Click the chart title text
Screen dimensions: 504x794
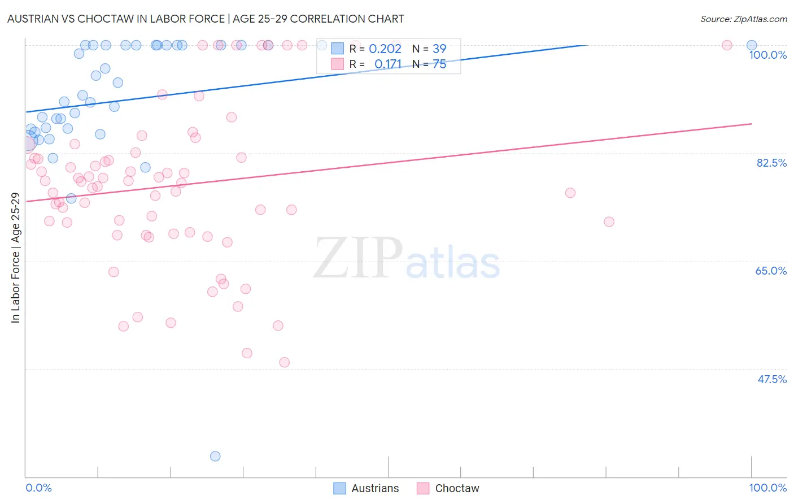[x=206, y=19]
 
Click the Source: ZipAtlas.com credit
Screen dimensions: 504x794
[x=743, y=19]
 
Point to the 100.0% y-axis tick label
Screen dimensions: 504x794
[x=767, y=55]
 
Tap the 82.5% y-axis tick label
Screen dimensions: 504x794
[x=771, y=163]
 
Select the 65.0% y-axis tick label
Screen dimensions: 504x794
[x=771, y=271]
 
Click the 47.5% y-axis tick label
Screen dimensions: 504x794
[x=771, y=379]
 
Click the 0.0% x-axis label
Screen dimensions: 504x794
[x=38, y=488]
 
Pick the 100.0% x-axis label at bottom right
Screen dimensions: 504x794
[x=767, y=488]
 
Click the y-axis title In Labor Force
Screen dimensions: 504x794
[x=16, y=258]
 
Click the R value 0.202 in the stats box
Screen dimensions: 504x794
[x=385, y=49]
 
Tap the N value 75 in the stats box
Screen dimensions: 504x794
[x=439, y=64]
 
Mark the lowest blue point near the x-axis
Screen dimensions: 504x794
[x=215, y=456]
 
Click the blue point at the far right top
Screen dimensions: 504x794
[x=752, y=45]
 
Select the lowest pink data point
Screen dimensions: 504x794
[x=285, y=362]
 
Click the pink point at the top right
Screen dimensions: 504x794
[x=727, y=45]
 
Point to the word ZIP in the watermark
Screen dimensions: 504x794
[x=358, y=258]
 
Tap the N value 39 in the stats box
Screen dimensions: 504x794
[x=439, y=49]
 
